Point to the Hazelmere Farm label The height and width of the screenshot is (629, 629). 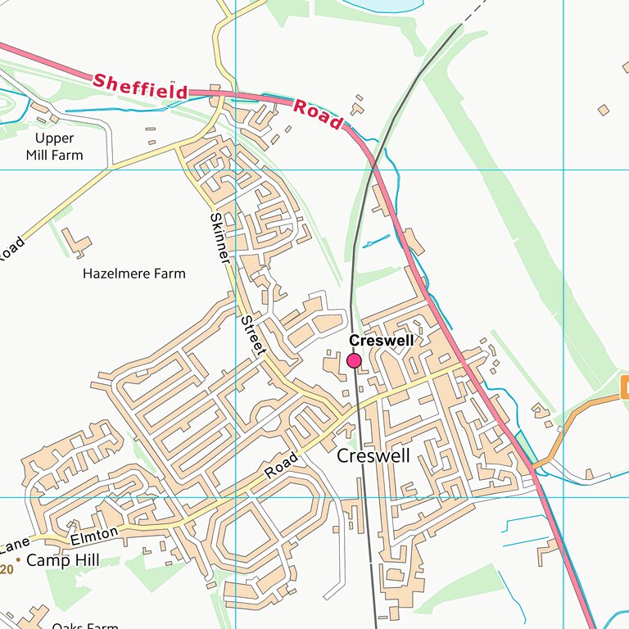(x=134, y=274)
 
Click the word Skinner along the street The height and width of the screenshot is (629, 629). (x=220, y=238)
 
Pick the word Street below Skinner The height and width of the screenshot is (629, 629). (x=253, y=336)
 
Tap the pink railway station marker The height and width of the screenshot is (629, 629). (x=355, y=360)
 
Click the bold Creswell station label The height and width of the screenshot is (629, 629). (x=382, y=340)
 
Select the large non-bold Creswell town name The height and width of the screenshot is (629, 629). (x=373, y=456)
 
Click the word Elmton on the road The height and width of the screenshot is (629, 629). (x=95, y=536)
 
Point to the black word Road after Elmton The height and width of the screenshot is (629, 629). (x=280, y=464)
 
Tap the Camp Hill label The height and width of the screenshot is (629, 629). (x=63, y=561)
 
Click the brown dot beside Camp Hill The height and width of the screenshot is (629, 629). (x=18, y=559)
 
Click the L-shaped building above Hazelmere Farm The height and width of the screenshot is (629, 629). (x=77, y=241)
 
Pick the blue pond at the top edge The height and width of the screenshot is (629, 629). (x=377, y=5)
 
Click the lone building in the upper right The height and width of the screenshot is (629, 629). (x=604, y=110)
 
